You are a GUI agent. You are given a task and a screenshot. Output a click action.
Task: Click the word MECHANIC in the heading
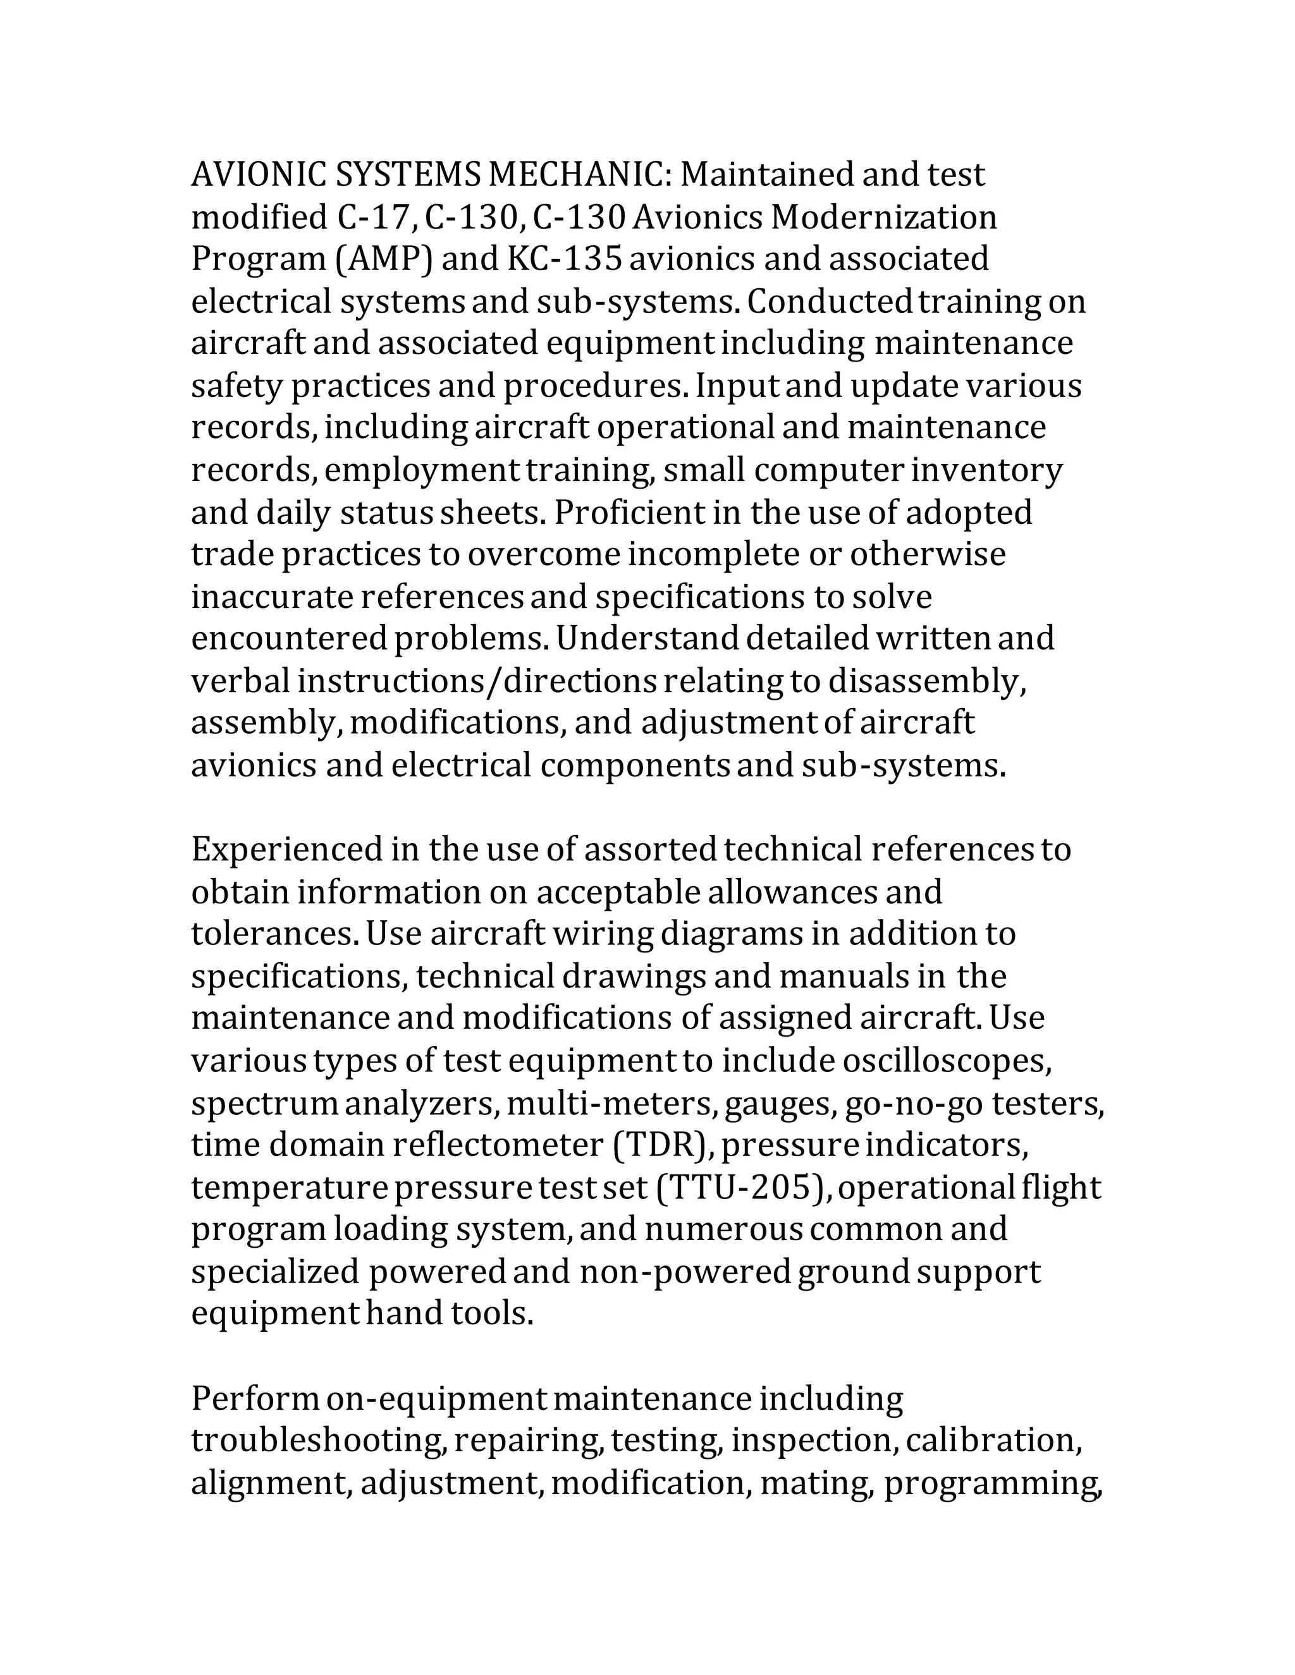(x=579, y=175)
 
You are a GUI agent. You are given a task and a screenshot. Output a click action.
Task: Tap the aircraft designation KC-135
(x=564, y=259)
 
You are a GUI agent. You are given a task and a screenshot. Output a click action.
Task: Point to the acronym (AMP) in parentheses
(x=384, y=259)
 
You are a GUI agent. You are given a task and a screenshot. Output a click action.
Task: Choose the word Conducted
(x=830, y=301)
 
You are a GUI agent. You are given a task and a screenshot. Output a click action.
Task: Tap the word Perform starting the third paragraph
(x=255, y=1398)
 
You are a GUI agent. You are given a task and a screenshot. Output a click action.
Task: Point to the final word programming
(x=993, y=1482)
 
